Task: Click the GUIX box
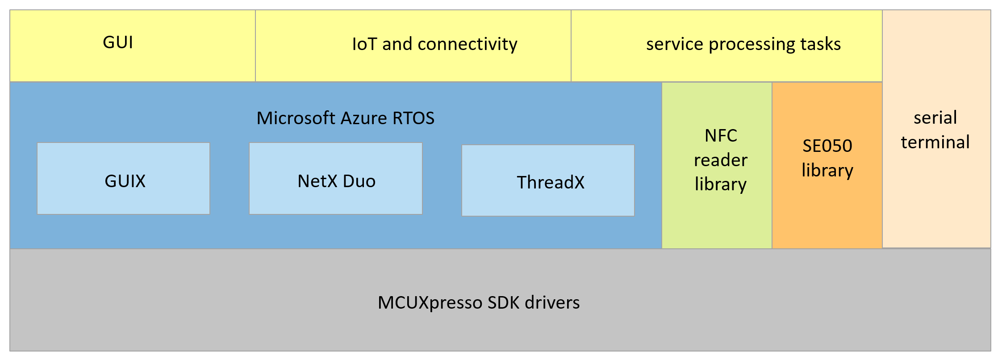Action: (x=124, y=179)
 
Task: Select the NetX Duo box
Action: (x=336, y=179)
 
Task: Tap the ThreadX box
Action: (x=548, y=180)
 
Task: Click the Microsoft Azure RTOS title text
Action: (x=345, y=118)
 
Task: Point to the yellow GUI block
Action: (x=133, y=46)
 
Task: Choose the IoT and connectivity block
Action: (x=413, y=46)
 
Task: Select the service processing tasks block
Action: (x=726, y=46)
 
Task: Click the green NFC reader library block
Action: (x=717, y=165)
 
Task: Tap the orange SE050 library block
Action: (x=827, y=165)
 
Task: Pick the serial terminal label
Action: (x=935, y=130)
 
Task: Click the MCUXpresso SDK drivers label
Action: (x=479, y=303)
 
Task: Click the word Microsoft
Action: (x=296, y=118)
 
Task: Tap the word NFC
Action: (x=721, y=136)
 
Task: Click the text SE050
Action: (x=827, y=146)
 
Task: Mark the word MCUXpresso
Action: (x=430, y=303)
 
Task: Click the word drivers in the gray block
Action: (x=552, y=303)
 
